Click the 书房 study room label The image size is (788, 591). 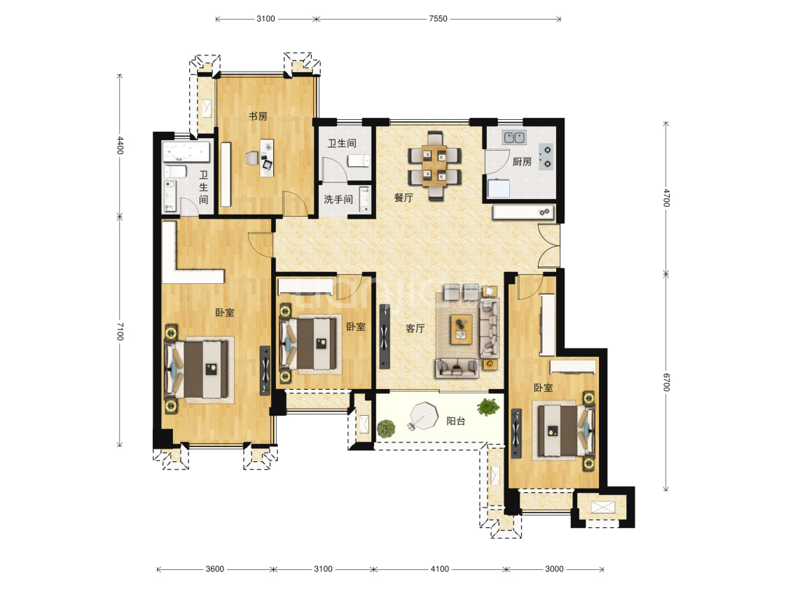[x=258, y=116]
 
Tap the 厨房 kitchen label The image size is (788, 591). [x=522, y=161]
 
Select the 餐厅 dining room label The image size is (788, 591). [x=403, y=198]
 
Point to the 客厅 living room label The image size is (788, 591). [x=415, y=328]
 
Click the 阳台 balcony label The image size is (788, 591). [x=456, y=421]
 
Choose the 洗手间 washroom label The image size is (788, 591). [x=338, y=199]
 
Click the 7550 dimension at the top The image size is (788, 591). [x=438, y=19]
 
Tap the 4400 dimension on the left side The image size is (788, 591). [x=120, y=145]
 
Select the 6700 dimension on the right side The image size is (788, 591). [x=666, y=382]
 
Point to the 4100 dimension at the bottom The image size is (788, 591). [x=440, y=569]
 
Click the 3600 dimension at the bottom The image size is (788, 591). [x=214, y=569]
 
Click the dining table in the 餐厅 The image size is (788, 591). [x=434, y=165]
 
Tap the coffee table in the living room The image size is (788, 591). [x=462, y=330]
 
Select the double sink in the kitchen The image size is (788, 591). [x=514, y=137]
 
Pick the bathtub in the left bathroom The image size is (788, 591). [x=186, y=151]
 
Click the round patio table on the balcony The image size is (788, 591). [x=424, y=416]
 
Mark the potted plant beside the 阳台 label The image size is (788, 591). [x=488, y=407]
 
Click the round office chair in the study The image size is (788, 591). [x=251, y=159]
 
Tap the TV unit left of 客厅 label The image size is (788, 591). [x=385, y=337]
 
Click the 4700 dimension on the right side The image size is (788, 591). [x=666, y=198]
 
